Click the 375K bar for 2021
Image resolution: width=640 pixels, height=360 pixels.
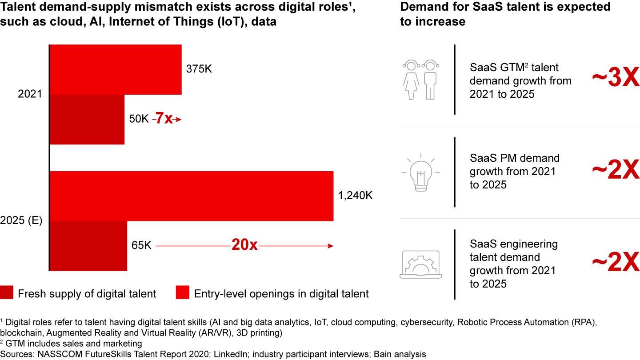[116, 69]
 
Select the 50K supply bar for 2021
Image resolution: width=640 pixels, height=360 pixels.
[87, 119]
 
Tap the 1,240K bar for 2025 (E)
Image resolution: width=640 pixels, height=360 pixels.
[192, 196]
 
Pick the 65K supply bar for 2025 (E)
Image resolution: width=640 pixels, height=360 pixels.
[88, 246]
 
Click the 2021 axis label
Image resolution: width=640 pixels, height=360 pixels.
[30, 94]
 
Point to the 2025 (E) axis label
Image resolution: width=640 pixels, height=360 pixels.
[21, 220]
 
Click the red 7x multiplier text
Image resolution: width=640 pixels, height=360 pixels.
[163, 119]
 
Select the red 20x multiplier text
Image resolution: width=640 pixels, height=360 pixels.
[244, 245]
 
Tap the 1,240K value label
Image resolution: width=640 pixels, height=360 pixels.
[355, 196]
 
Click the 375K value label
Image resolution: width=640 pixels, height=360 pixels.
[199, 70]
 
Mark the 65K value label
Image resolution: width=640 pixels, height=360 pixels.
[141, 245]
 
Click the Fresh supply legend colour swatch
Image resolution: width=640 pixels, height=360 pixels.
[7, 293]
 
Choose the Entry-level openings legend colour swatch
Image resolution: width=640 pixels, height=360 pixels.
[183, 293]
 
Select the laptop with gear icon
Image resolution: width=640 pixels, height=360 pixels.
[420, 264]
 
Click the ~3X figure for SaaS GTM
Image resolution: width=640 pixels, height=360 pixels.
[615, 79]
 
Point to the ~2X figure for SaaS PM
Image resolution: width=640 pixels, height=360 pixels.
[615, 171]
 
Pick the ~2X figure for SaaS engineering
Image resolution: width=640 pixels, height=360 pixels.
[615, 264]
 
